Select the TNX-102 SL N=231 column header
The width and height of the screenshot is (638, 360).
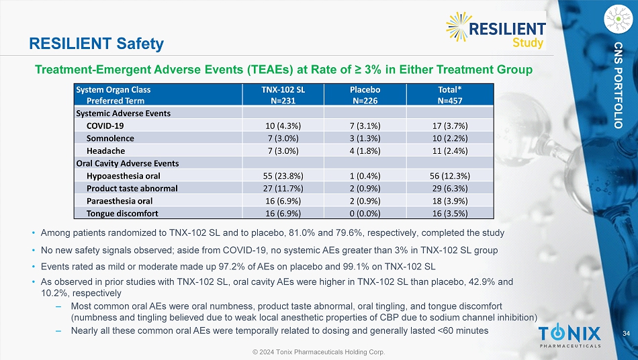click(282, 95)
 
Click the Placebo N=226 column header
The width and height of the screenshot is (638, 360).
click(365, 95)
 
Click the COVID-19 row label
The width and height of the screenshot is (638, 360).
click(105, 126)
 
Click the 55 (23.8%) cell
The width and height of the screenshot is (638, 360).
click(282, 175)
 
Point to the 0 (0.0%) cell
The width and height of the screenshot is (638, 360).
click(365, 213)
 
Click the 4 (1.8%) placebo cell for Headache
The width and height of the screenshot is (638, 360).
click(365, 150)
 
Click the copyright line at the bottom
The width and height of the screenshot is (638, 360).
click(318, 351)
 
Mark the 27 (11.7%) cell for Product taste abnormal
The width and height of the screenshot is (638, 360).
click(282, 188)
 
